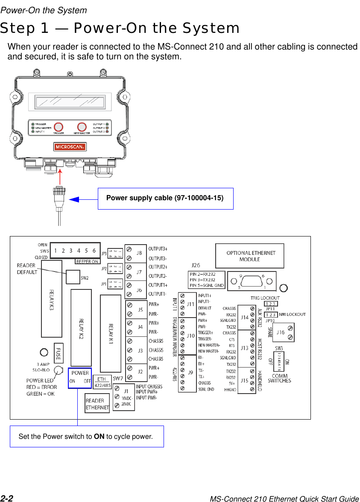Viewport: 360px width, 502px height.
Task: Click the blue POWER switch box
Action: (x=80, y=378)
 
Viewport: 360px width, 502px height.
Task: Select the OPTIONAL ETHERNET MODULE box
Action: (x=249, y=256)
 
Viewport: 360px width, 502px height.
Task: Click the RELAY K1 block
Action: (x=111, y=333)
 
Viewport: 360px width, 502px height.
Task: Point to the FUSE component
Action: (x=59, y=353)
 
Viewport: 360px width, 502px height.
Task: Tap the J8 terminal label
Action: (x=139, y=253)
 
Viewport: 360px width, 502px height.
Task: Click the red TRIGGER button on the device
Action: (x=59, y=127)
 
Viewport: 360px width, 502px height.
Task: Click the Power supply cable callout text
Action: (x=165, y=198)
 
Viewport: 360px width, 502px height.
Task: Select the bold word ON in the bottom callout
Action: (x=99, y=436)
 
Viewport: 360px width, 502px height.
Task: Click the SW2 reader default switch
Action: (x=73, y=277)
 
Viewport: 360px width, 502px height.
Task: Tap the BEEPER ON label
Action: (x=87, y=261)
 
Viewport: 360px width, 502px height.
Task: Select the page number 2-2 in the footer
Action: (x=7, y=498)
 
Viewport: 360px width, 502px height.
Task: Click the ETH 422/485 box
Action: (x=102, y=382)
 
